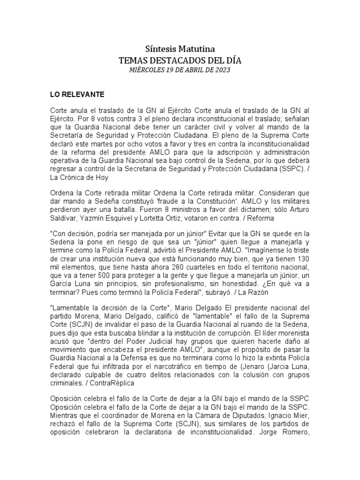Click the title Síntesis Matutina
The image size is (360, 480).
click(180, 49)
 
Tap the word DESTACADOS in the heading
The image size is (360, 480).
click(180, 60)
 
